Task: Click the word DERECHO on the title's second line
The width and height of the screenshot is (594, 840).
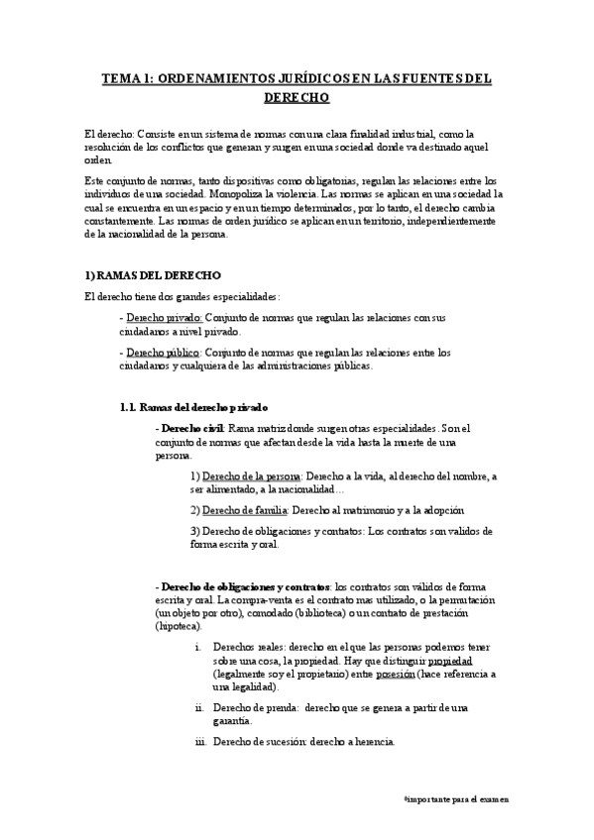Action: pyautogui.click(x=297, y=98)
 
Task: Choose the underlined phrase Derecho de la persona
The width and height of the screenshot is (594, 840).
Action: pyautogui.click(x=243, y=476)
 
